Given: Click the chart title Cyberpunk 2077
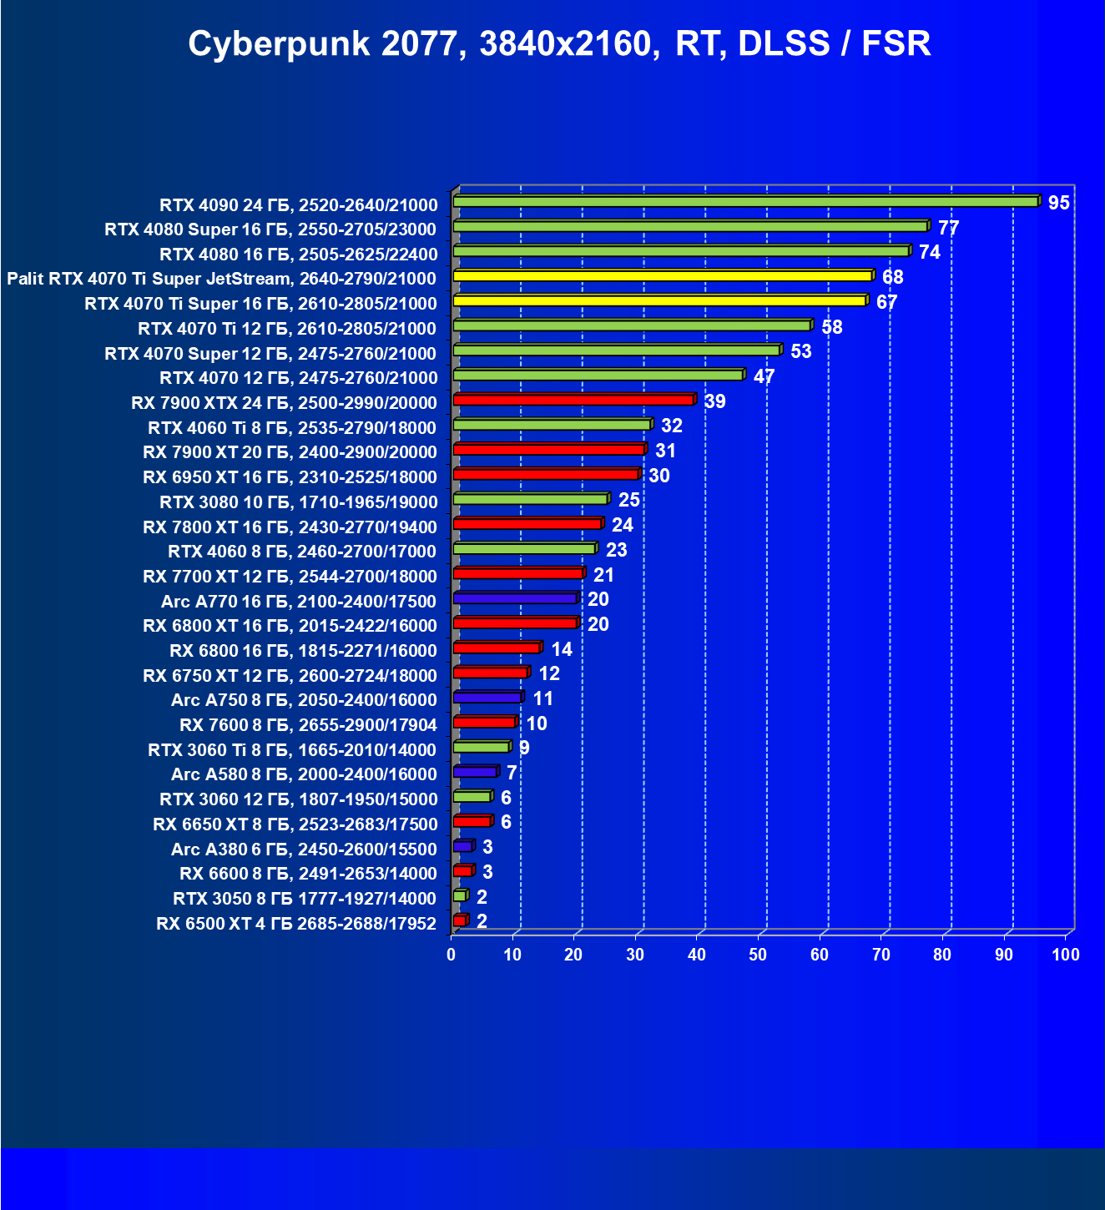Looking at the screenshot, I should [x=558, y=43].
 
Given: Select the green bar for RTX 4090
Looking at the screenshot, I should [x=744, y=201].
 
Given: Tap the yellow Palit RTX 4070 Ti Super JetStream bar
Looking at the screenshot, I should [x=662, y=275].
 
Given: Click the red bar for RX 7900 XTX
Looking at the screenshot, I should [x=573, y=400].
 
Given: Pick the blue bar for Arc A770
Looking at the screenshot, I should [x=515, y=598].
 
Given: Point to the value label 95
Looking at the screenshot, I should [x=1058, y=203].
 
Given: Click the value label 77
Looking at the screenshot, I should [x=948, y=228].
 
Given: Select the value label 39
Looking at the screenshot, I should [x=714, y=401].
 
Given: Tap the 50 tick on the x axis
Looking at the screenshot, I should [x=758, y=955].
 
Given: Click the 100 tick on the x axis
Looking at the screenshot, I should [x=1065, y=955].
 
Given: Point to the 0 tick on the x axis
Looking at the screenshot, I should [x=452, y=955].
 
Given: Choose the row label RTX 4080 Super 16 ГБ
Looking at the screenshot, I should [x=270, y=229].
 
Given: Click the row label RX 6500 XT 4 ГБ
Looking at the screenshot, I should [x=296, y=924].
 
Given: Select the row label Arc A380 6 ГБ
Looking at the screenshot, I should [x=304, y=850].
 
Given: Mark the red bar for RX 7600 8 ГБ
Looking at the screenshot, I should [x=484, y=722].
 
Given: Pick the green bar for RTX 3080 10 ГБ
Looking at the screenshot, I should [x=530, y=499].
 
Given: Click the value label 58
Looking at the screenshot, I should [x=831, y=327].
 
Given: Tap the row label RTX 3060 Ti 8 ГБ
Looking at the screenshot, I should [x=292, y=750].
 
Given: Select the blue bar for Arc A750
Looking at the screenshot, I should [x=487, y=698].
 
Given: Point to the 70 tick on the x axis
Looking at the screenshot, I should [x=881, y=955].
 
